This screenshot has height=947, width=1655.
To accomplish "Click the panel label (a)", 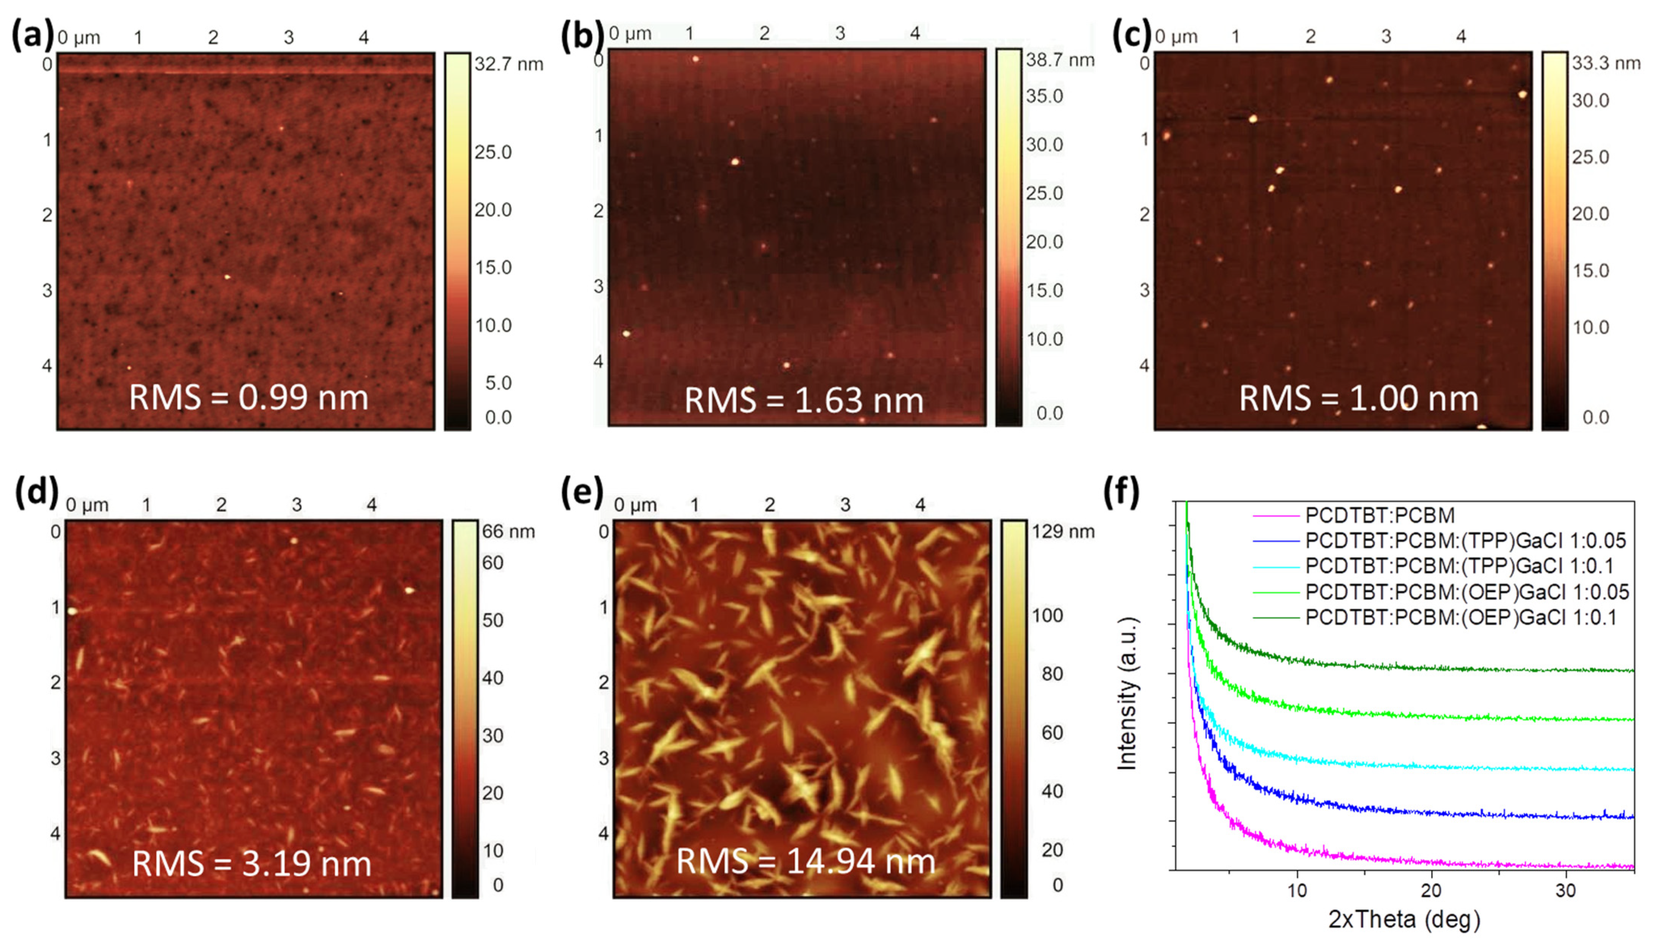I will (x=31, y=36).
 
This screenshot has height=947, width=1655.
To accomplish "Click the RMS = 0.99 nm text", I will (x=248, y=398).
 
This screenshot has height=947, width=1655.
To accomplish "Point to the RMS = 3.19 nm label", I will (x=252, y=864).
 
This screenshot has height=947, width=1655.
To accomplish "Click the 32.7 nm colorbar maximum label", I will (x=509, y=64).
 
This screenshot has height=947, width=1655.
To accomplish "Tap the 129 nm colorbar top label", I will (x=1062, y=532).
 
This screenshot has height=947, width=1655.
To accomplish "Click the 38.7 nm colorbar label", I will (x=1060, y=61).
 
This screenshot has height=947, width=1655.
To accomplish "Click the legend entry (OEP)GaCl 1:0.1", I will (x=1460, y=617).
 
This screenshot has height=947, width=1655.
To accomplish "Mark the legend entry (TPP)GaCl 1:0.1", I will (x=1459, y=566).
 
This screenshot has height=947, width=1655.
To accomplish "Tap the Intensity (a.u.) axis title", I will (x=1127, y=693).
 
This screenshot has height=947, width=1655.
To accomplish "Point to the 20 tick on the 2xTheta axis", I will (x=1431, y=890).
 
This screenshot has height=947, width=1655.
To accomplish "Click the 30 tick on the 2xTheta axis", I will (x=1565, y=890).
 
